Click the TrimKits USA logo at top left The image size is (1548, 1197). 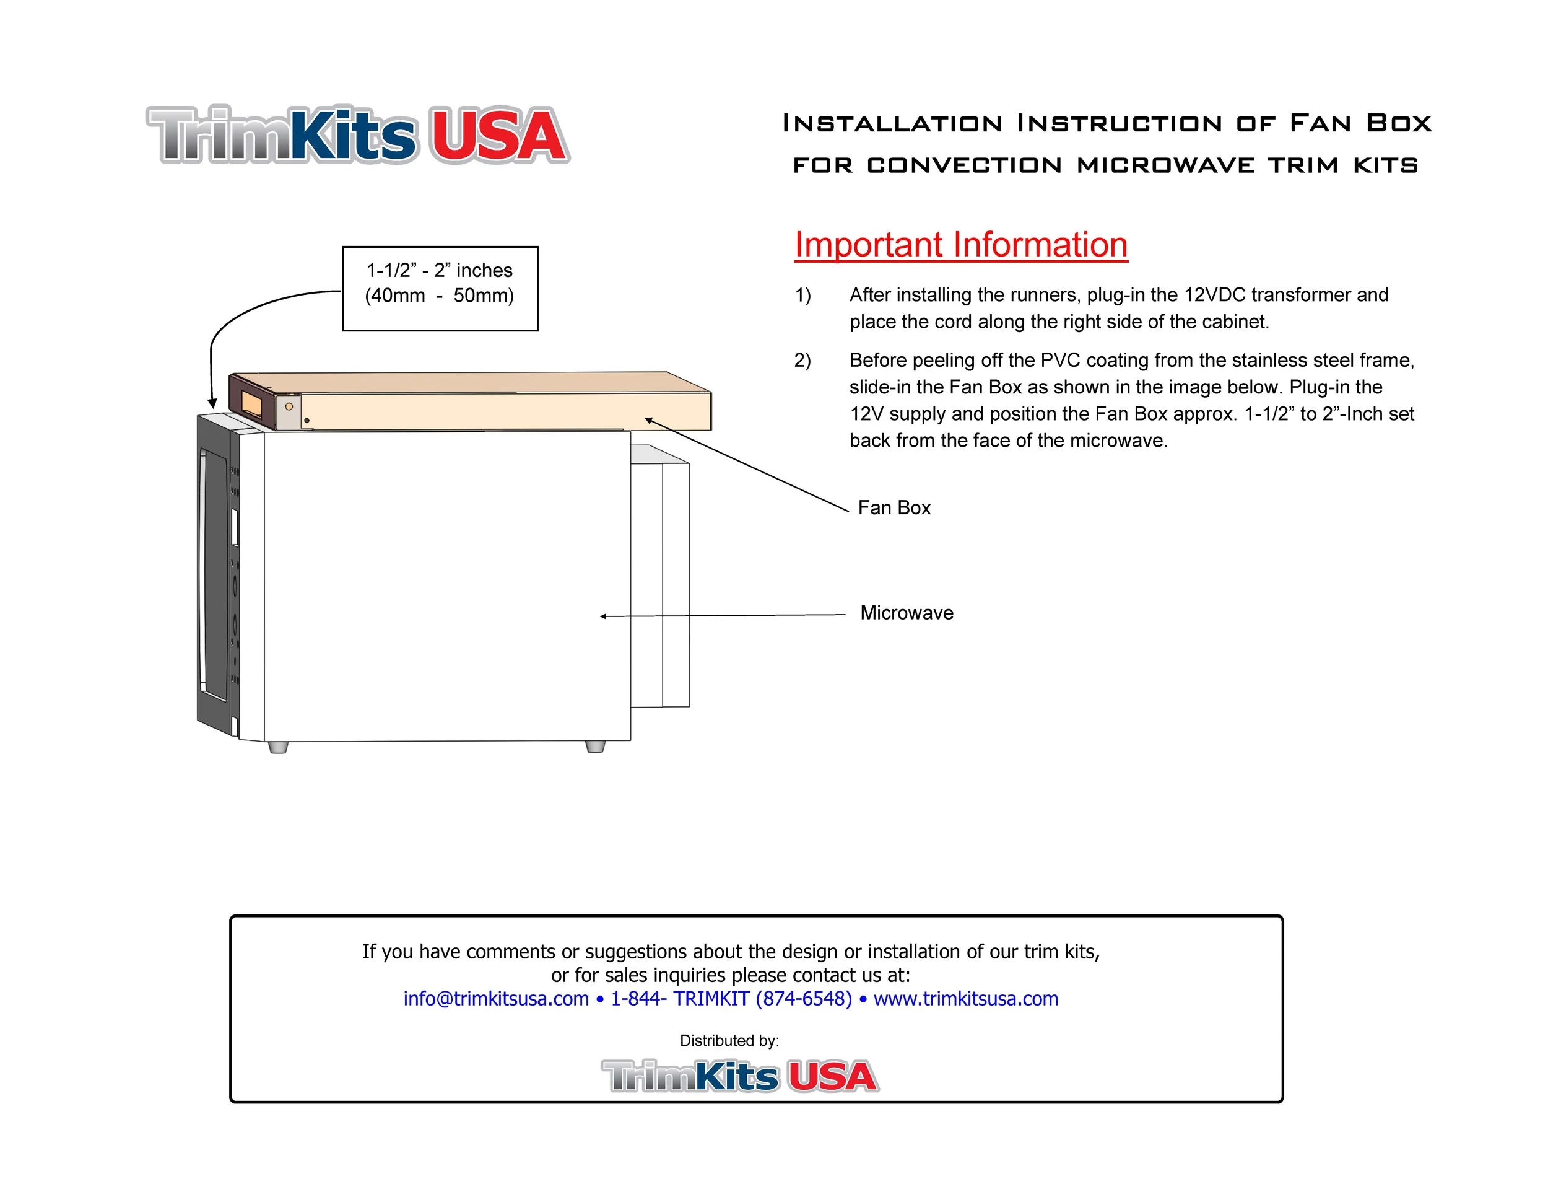[x=357, y=134]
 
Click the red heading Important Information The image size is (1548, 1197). [x=960, y=245]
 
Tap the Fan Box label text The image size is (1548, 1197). [x=894, y=507]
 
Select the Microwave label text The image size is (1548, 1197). [x=907, y=613]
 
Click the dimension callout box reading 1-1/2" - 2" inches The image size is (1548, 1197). [x=440, y=288]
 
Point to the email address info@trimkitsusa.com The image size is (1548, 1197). [x=495, y=999]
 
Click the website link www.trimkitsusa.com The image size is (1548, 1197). [x=965, y=999]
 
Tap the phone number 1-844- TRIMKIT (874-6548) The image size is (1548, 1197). [x=731, y=999]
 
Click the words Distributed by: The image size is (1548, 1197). [x=729, y=1040]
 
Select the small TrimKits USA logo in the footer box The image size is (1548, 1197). [x=740, y=1076]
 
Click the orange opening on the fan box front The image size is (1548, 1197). [x=251, y=403]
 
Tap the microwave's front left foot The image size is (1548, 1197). [x=278, y=747]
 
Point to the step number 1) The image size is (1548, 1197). [x=802, y=295]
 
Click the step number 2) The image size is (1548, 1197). [x=802, y=360]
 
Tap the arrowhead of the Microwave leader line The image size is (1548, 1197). [x=603, y=616]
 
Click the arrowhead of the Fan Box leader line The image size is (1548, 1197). [x=648, y=421]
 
